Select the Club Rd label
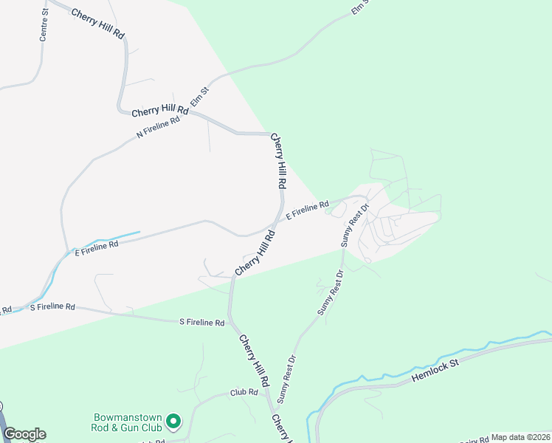pos(244,393)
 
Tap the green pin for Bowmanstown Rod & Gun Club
pos(173,422)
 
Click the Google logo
pos(24,434)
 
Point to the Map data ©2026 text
pos(521,437)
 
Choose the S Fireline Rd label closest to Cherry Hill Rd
pos(202,323)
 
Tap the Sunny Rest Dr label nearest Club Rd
pos(286,379)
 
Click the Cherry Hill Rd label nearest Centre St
pos(97,24)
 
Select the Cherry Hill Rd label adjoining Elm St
pos(159,111)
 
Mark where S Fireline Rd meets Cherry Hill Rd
pos(230,321)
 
